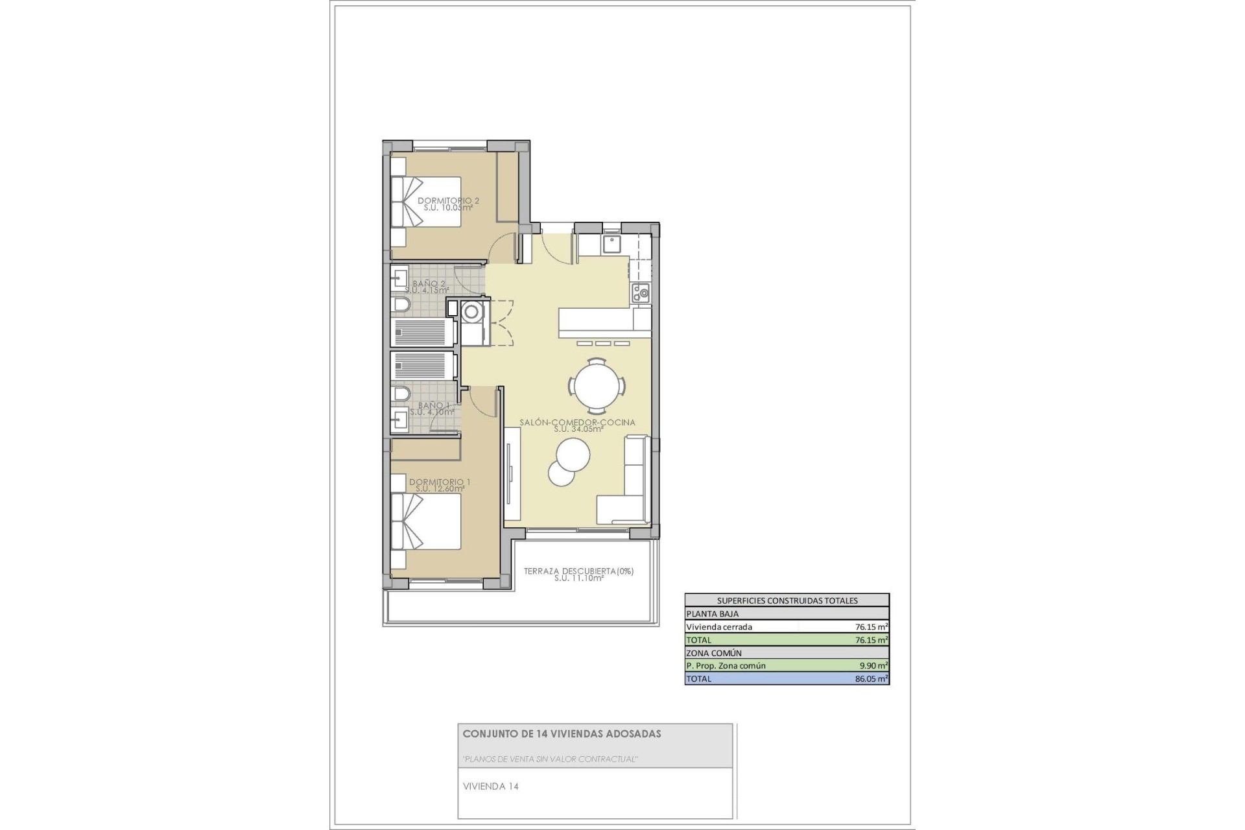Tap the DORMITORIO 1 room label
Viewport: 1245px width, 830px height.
[x=440, y=482]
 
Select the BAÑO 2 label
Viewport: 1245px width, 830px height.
[x=429, y=284]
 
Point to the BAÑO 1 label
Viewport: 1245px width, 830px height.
[x=433, y=406]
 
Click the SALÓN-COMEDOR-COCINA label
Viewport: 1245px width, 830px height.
[x=577, y=423]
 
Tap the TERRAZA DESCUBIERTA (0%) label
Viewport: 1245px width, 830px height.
[x=578, y=571]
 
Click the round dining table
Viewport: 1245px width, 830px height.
[x=597, y=386]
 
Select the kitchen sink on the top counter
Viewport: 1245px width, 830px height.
[x=611, y=244]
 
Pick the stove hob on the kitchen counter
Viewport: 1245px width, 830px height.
[x=641, y=292]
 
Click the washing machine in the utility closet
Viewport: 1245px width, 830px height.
[x=471, y=312]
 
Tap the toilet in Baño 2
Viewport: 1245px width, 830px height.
[x=401, y=305]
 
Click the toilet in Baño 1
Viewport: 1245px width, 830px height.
[x=401, y=394]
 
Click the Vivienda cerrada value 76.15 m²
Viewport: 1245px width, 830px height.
[x=871, y=627]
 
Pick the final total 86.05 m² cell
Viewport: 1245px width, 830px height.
[x=871, y=679]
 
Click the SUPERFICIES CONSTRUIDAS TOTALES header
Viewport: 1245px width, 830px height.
[x=787, y=600]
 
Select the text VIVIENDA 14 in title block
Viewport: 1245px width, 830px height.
[x=491, y=787]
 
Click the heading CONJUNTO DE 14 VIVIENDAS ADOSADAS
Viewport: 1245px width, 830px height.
[x=562, y=734]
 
